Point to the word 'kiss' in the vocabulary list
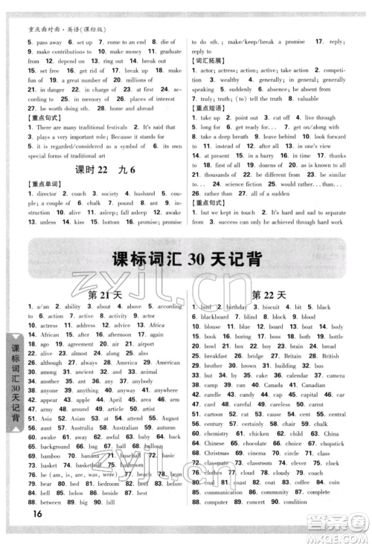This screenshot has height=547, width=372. coord(77,242)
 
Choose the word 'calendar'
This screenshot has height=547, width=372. coord(291,376)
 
